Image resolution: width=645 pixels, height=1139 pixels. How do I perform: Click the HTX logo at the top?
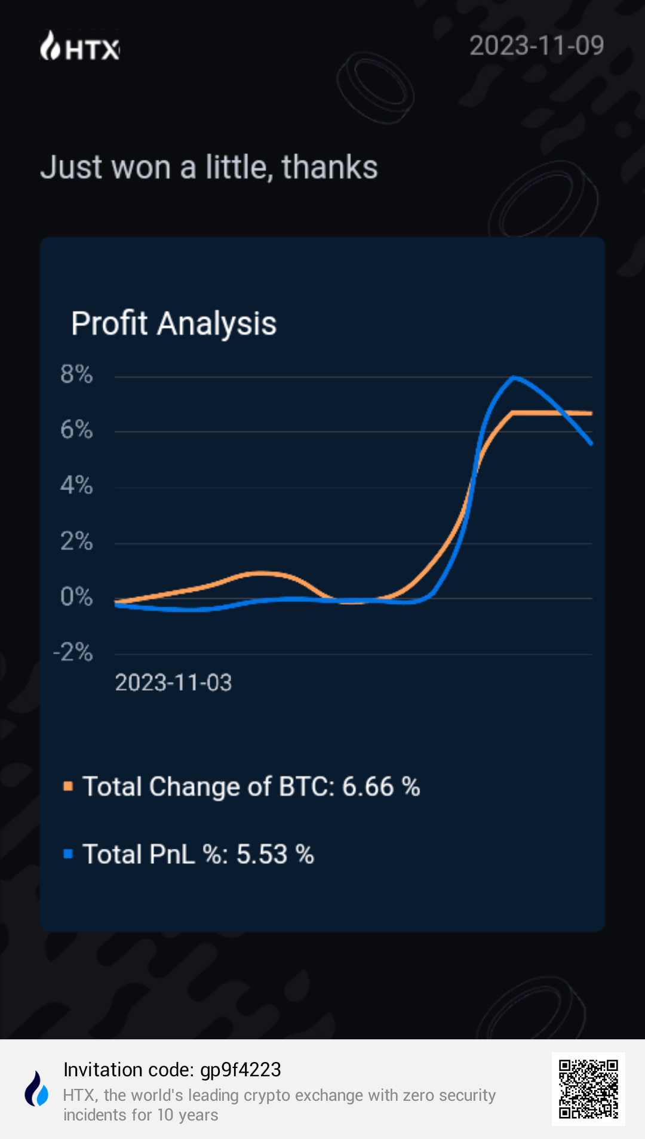tap(80, 47)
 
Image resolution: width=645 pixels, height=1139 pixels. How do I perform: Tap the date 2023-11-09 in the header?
tap(536, 46)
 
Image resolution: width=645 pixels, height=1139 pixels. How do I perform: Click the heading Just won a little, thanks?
tap(209, 167)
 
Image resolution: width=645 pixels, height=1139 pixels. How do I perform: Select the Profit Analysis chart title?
tap(174, 324)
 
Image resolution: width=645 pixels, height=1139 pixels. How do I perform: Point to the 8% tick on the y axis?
tap(76, 374)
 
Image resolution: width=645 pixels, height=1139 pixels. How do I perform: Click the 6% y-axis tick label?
tap(76, 430)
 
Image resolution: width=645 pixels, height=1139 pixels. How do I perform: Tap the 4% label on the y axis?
tap(76, 485)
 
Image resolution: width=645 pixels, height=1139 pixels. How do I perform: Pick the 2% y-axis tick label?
tap(76, 541)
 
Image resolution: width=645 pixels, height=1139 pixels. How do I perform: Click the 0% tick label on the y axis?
tap(76, 597)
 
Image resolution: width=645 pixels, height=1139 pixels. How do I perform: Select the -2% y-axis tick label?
tap(73, 652)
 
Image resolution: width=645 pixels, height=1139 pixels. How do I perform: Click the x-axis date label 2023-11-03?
tap(173, 683)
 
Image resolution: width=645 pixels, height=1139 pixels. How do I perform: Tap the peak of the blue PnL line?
tap(515, 377)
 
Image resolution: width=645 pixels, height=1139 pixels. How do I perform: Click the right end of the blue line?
tap(591, 444)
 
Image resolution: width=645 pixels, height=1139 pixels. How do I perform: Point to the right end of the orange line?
tap(591, 413)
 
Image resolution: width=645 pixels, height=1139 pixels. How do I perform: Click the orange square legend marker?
tap(68, 786)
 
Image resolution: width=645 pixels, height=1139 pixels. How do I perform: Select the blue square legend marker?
tap(68, 854)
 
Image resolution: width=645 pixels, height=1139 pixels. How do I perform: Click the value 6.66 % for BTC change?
tap(381, 787)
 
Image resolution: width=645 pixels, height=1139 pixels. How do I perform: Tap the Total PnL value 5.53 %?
tap(275, 854)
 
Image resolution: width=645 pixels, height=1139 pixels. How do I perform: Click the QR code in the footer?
tap(588, 1089)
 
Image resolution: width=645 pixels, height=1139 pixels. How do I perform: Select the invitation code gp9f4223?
tap(241, 1070)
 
